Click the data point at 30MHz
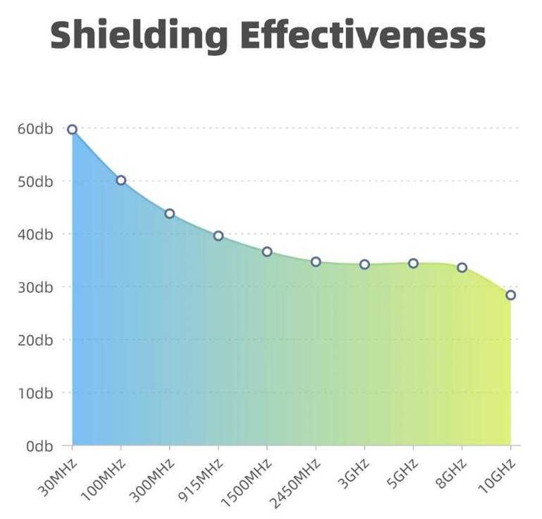point(72,130)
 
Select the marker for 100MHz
point(121,180)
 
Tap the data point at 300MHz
point(169,214)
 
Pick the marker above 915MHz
point(218,236)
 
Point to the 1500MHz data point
point(267,252)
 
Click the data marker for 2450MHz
point(316,262)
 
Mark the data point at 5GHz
point(414,263)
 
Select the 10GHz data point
point(511,295)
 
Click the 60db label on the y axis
point(35,129)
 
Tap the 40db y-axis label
point(35,234)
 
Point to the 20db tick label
point(35,340)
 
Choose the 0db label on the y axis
point(38,446)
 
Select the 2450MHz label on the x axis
point(296,483)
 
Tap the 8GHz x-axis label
point(452,472)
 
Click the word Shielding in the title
point(140,35)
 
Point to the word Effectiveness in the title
point(364,35)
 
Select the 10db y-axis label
point(35,393)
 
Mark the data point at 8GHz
point(462,267)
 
